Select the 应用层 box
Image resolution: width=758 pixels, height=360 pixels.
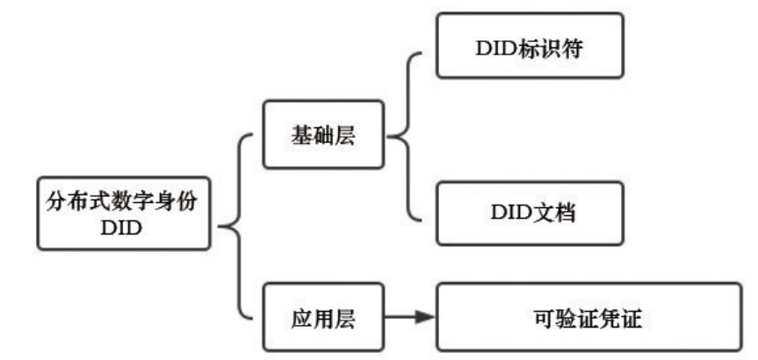point(323,316)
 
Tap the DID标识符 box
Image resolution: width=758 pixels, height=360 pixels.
point(530,46)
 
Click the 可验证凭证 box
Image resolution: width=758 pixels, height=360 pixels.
point(588,316)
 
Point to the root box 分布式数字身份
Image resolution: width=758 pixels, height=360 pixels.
point(124,213)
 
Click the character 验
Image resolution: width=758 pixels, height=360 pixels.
point(563,316)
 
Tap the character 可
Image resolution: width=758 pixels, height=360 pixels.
point(543,316)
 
